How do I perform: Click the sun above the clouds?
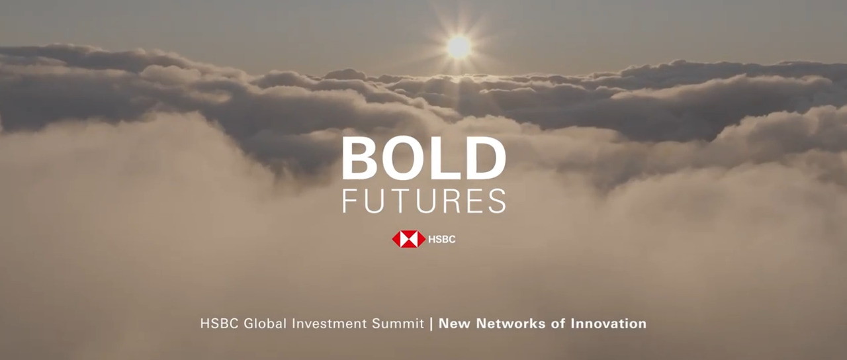coord(458,46)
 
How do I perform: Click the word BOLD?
coord(423,159)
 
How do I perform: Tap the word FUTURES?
coord(423,201)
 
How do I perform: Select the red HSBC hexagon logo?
coord(408,239)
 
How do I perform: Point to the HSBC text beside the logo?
coord(442,240)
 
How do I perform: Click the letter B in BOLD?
coord(360,159)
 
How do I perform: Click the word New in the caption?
coord(453,324)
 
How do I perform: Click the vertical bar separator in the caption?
coord(431,324)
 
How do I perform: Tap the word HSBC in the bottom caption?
coord(218,324)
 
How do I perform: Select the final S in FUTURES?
coord(498,201)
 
